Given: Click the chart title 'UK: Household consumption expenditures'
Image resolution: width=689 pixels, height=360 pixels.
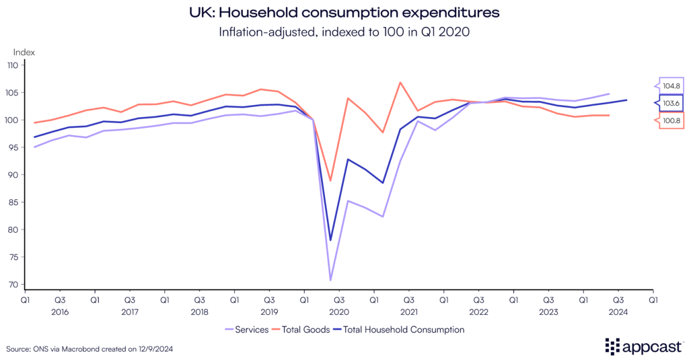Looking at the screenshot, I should point(344,12).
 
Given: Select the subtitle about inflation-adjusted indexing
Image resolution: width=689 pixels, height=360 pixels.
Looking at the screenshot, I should point(344,31).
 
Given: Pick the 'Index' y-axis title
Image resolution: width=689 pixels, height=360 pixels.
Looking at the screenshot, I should point(24,52).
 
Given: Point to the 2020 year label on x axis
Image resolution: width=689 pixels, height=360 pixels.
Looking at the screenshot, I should point(338,312).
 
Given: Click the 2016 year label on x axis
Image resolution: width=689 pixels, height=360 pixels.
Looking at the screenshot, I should point(60,312).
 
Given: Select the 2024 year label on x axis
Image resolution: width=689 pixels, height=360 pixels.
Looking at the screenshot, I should point(618,312).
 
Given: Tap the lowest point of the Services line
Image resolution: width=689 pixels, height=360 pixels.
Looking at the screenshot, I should point(330,280).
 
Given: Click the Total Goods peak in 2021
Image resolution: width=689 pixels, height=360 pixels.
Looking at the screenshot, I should point(400,83).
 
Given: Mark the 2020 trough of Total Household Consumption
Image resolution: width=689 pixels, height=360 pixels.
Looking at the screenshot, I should point(330,240).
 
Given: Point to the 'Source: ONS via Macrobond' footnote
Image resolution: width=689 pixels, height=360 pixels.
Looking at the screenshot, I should point(86,349).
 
